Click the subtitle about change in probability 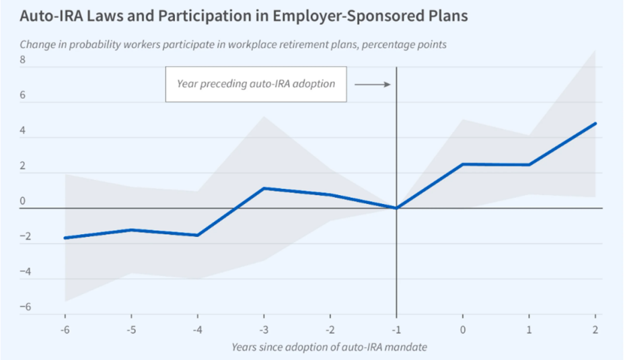point(233,44)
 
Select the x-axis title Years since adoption point(329,347)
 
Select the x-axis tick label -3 point(264,329)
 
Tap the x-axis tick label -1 point(396,329)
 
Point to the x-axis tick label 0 point(463,329)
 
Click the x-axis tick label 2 point(595,329)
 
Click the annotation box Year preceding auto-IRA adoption point(256,84)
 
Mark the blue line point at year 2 point(595,123)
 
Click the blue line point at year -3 point(264,188)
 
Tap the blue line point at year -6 point(65,238)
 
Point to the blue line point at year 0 point(463,164)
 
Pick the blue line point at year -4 point(198,236)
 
